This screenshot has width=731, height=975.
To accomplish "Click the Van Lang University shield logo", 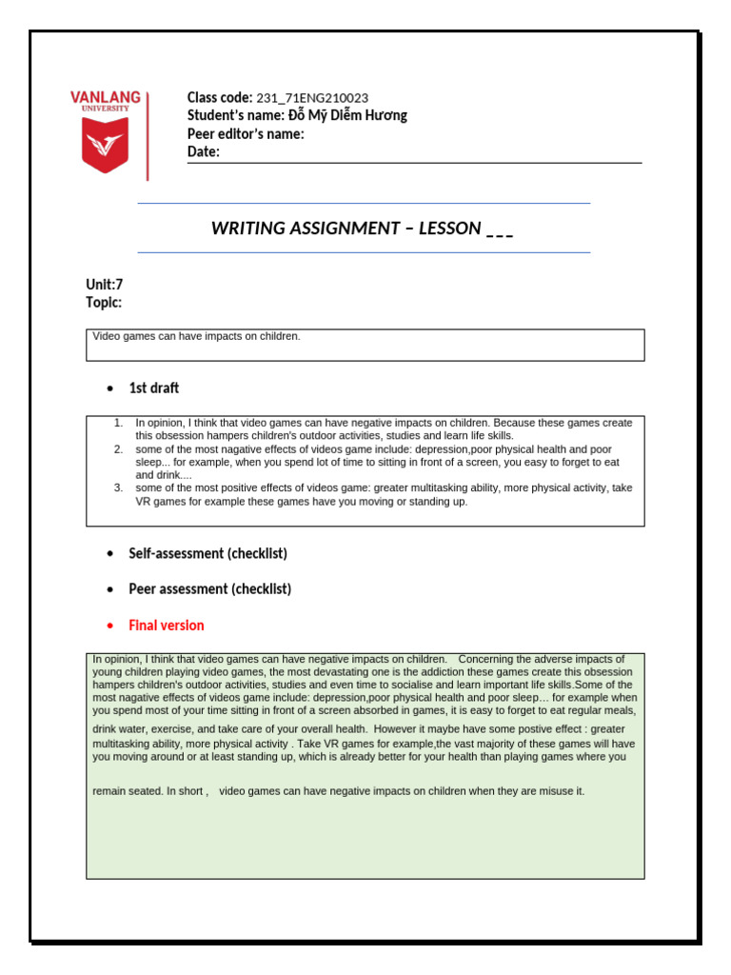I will coord(105,148).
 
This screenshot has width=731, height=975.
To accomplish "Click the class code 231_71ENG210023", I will coord(312,97).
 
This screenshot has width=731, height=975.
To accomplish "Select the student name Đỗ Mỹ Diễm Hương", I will coord(346,115).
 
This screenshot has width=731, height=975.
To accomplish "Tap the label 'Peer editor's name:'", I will coord(246,133).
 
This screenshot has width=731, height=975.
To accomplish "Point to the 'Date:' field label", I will coord(203,151).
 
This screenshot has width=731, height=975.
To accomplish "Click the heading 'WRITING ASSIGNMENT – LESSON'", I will coord(346,228).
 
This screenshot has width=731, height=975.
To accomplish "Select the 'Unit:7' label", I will coord(105,284).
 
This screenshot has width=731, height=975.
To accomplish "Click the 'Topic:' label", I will coord(104,302).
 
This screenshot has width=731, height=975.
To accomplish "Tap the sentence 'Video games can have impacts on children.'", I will coord(196,336).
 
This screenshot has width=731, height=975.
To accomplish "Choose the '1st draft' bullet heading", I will coord(153,388).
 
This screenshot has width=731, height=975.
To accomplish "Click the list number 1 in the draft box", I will coord(118,423).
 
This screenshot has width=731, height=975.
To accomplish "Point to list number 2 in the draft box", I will coord(118,448).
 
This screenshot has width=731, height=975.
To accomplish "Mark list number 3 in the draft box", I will coord(118,487).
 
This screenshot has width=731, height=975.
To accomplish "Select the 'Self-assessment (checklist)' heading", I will coord(207,553).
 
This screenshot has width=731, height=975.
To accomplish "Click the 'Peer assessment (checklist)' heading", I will coord(209,589).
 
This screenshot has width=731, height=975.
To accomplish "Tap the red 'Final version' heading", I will coord(166,626).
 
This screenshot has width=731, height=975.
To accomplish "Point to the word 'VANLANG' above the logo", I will coord(105,97).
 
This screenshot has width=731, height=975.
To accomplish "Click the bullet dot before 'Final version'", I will coord(111,626).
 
